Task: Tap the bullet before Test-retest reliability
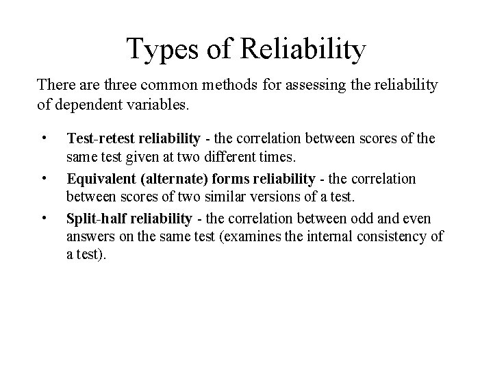click(x=44, y=139)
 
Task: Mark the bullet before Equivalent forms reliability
click(x=44, y=179)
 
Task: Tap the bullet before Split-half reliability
click(x=44, y=219)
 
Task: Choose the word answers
click(x=89, y=236)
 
